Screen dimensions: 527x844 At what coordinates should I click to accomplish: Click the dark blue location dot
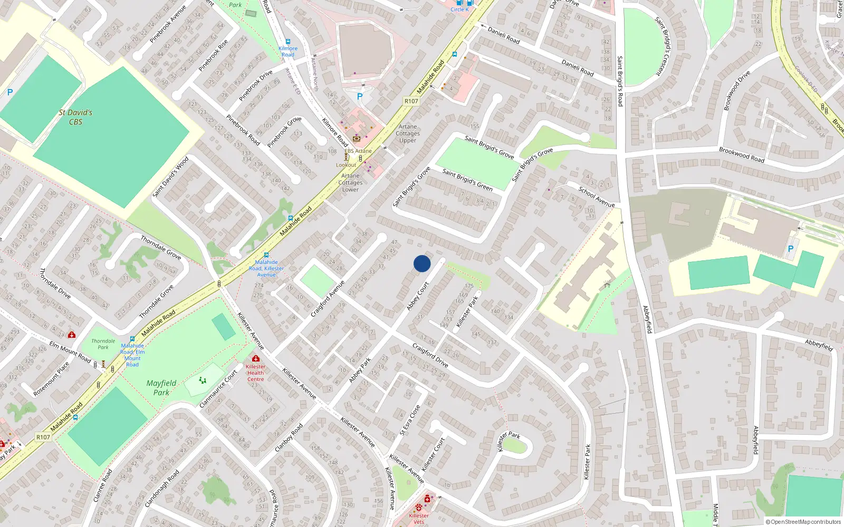pos(422,263)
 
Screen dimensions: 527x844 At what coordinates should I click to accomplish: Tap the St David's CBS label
pos(75,117)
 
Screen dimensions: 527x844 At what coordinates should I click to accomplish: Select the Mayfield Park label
pos(161,388)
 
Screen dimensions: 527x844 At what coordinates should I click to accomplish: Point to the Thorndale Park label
pos(103,344)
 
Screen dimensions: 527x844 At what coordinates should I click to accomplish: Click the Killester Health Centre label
pos(256,373)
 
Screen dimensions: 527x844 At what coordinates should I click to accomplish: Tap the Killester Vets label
pos(419,519)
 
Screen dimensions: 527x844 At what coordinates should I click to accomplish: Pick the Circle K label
pos(459,9)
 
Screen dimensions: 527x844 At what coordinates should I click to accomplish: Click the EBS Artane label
pos(358,151)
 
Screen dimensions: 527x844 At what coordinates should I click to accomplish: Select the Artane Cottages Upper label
pos(408,133)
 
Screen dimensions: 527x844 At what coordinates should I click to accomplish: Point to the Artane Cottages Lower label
pos(350,182)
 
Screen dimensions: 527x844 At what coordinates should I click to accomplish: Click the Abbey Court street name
pos(418,296)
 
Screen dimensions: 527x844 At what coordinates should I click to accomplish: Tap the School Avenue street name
pos(597,197)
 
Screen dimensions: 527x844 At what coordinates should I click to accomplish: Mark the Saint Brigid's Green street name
pos(467,180)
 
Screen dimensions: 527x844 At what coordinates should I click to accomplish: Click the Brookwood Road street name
pos(742,154)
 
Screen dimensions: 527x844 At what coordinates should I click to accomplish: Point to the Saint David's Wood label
pos(170,177)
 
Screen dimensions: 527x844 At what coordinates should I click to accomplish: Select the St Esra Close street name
pos(410,420)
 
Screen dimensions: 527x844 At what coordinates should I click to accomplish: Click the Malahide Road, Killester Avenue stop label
pos(266,268)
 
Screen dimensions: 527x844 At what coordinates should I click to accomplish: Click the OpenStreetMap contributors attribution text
pos(803,522)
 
